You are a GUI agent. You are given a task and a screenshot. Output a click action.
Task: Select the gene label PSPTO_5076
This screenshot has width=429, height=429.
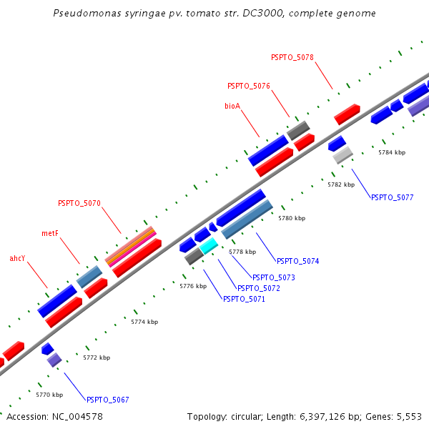click(x=248, y=86)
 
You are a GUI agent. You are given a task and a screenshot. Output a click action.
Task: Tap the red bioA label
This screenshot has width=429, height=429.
click(x=232, y=106)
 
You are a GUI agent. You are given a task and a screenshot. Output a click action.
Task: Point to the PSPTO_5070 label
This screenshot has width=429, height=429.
click(x=79, y=204)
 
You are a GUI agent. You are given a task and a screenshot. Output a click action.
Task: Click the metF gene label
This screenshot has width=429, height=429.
click(x=49, y=233)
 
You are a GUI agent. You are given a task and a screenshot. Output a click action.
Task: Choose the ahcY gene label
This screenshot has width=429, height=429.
click(x=17, y=258)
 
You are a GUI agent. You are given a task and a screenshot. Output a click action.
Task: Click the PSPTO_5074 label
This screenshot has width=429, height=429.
click(x=297, y=262)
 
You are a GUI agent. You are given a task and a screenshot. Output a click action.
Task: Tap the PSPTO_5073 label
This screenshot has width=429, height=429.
click(x=273, y=277)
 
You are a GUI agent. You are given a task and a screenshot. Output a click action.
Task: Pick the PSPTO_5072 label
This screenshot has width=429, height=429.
click(x=258, y=288)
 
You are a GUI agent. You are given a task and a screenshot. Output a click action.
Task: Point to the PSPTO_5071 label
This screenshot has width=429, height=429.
click(x=244, y=299)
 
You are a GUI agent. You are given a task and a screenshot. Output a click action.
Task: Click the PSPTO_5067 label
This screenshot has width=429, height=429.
click(x=107, y=400)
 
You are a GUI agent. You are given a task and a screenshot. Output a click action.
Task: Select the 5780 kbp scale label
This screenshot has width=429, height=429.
click(x=292, y=218)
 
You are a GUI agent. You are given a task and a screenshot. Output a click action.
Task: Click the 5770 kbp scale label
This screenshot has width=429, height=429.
click(x=49, y=395)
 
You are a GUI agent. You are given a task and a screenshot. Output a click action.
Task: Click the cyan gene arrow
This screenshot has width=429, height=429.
click(x=209, y=246)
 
